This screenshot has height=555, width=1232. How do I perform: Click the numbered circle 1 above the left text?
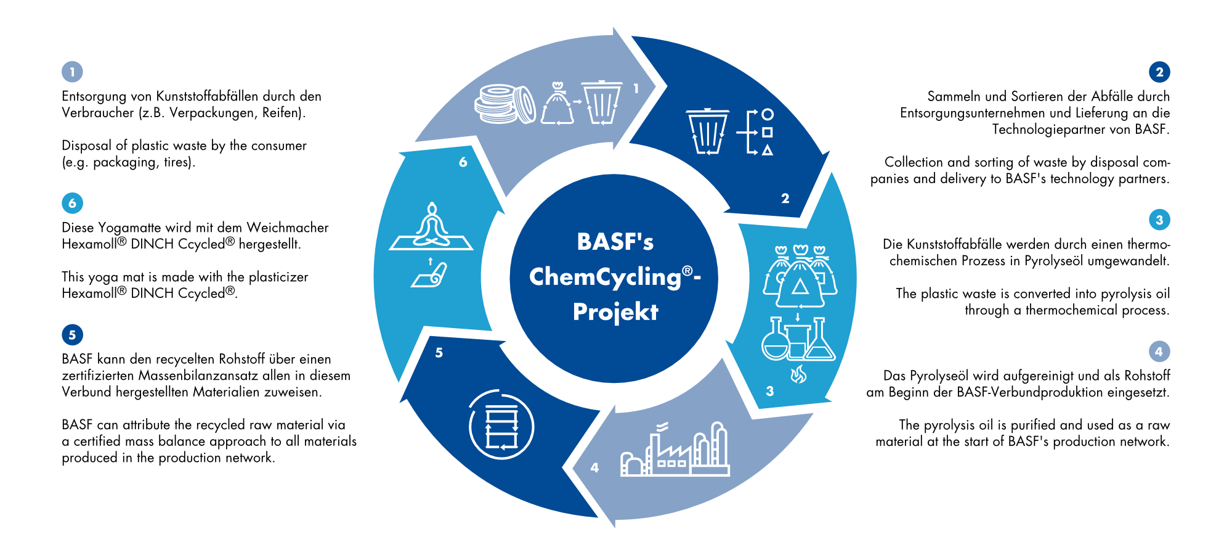(72, 72)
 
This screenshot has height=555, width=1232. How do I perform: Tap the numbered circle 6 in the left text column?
(72, 203)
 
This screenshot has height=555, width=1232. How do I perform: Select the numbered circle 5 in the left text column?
(72, 335)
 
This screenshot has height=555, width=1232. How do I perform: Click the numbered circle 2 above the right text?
(1159, 72)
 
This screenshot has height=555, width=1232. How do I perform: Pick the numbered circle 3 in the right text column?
(1159, 220)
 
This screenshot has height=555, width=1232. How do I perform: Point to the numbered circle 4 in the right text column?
(1159, 351)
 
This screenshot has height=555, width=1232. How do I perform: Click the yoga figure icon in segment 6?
(431, 226)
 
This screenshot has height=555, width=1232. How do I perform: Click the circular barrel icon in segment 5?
(501, 425)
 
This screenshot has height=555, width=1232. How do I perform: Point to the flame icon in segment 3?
(798, 374)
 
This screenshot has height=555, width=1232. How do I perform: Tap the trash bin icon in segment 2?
(707, 131)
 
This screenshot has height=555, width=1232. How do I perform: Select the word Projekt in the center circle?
(615, 312)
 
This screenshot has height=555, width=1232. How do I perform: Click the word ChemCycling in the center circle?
(605, 277)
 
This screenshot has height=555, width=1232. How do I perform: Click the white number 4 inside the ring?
(594, 467)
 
